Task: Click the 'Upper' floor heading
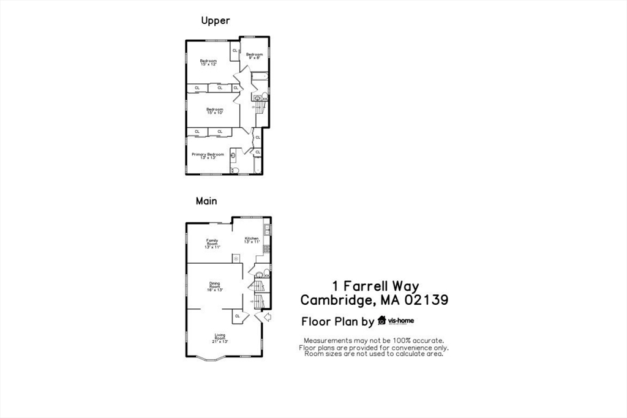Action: pos(216,21)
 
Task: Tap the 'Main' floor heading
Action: pos(206,201)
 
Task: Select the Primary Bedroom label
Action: pos(208,155)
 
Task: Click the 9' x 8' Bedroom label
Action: pos(254,56)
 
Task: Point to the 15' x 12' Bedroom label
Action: pos(208,62)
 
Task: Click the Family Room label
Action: pos(212,243)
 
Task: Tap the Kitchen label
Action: pos(252,240)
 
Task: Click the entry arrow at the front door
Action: pos(266,317)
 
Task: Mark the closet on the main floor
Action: pos(237,316)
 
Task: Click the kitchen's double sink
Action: pos(268,230)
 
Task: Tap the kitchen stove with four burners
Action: pos(267,249)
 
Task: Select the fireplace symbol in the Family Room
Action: pos(236,258)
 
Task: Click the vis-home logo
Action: pos(396,321)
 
